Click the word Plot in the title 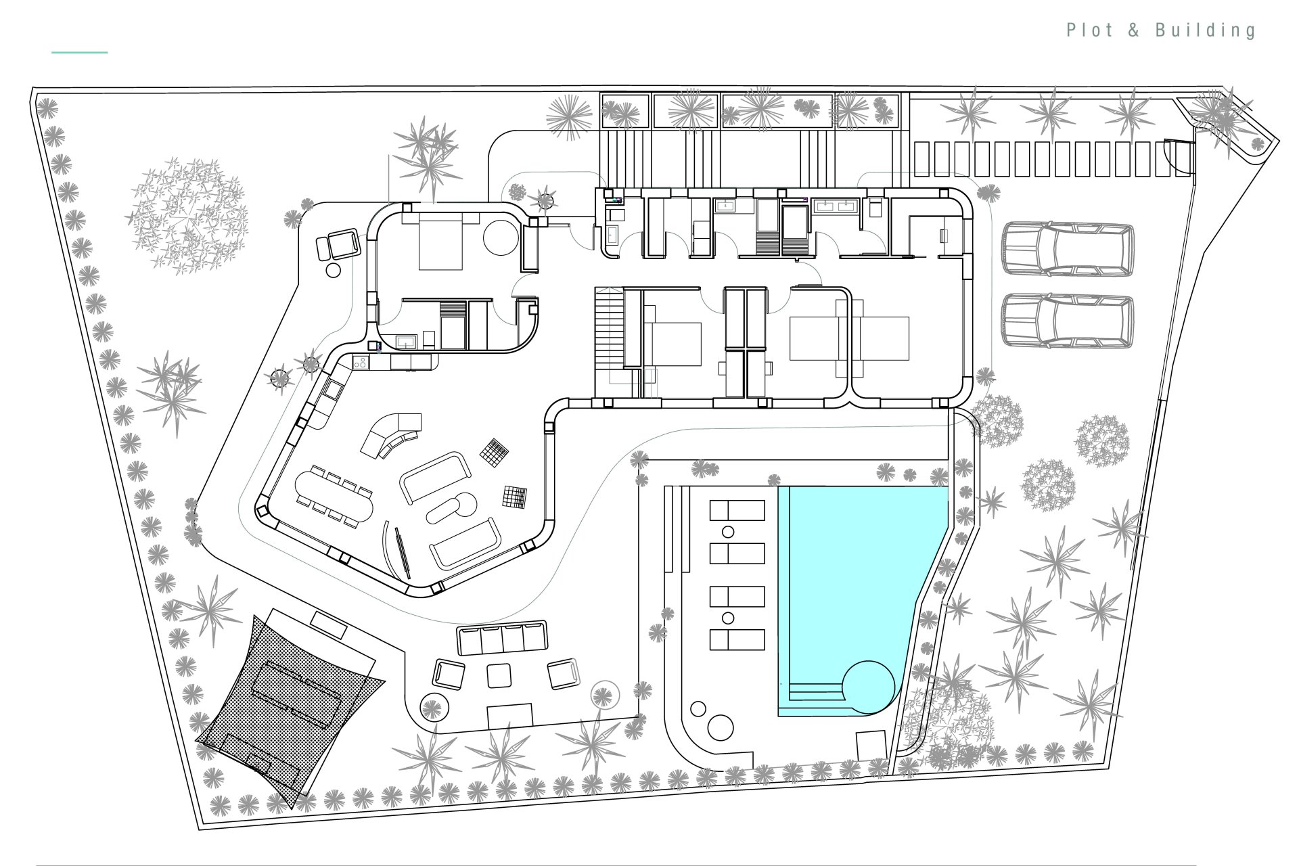click(1091, 30)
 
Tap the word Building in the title click(1206, 30)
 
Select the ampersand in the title click(1134, 30)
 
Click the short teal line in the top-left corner click(80, 52)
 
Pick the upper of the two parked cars click(1068, 250)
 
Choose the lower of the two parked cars click(1068, 321)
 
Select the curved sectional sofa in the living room click(391, 436)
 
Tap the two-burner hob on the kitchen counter click(361, 363)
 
